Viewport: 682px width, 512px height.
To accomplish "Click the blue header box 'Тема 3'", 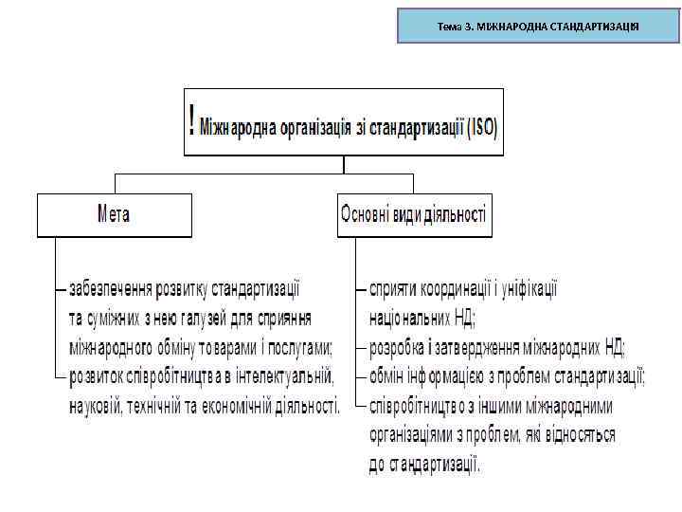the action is pyautogui.click(x=538, y=26).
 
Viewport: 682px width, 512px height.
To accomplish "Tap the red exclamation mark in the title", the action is pyautogui.click(x=193, y=120).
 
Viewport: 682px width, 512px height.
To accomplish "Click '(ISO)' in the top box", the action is pyautogui.click(x=479, y=123).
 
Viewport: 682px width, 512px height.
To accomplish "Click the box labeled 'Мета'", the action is pyautogui.click(x=114, y=214).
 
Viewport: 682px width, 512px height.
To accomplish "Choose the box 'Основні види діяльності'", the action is pyautogui.click(x=414, y=214).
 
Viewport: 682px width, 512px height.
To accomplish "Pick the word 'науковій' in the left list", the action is pyautogui.click(x=96, y=406).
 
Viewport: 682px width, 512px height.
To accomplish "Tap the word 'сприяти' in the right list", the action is pyautogui.click(x=391, y=285).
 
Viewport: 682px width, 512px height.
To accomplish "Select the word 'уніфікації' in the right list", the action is pyautogui.click(x=526, y=285).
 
